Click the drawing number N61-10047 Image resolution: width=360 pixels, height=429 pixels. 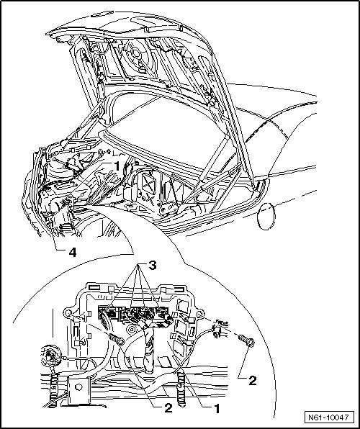click(x=329, y=417)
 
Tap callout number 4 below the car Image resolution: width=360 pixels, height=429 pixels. click(x=72, y=252)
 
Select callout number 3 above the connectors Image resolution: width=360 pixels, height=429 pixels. click(x=152, y=265)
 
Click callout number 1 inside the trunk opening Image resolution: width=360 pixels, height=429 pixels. click(x=117, y=166)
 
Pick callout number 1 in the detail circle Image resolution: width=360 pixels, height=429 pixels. click(x=217, y=409)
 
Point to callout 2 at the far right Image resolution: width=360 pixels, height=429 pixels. click(x=253, y=381)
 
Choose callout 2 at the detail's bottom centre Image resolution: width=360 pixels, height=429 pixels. click(x=168, y=408)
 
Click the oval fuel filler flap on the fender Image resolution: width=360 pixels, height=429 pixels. click(x=266, y=216)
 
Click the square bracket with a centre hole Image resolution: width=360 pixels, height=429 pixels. click(x=78, y=389)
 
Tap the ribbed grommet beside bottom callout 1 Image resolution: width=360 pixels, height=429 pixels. click(x=181, y=389)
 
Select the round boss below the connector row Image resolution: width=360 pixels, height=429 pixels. click(x=132, y=329)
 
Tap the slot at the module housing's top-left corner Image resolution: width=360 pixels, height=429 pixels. click(x=95, y=287)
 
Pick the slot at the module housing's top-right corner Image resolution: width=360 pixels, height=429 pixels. click(x=179, y=290)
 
